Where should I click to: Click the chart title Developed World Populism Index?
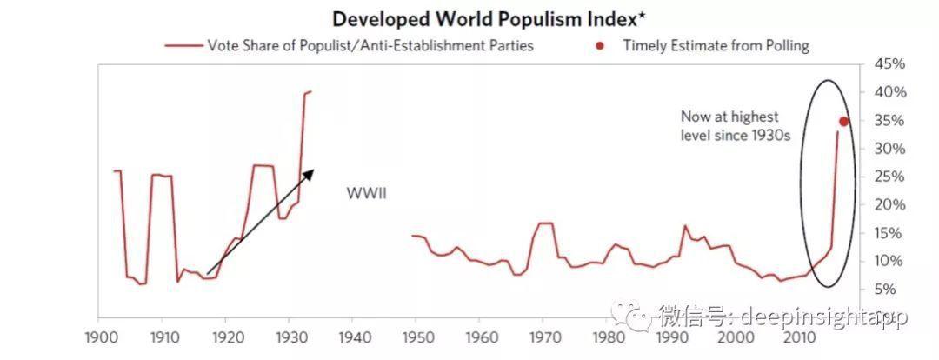pos(469,19)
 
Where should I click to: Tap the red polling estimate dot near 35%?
pos(842,122)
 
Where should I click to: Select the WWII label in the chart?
pos(365,192)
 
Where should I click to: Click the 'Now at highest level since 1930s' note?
pos(730,126)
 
